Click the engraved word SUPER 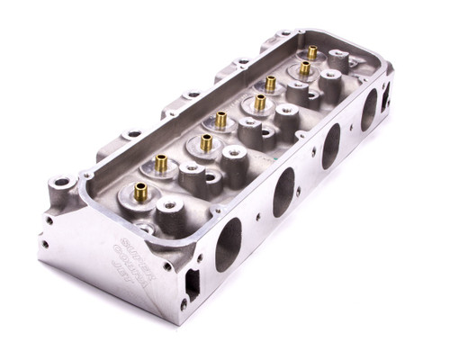[135, 246]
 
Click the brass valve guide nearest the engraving [139, 191]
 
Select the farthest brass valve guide [312, 53]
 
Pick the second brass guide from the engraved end [162, 163]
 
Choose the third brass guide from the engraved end [206, 141]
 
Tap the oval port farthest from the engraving [369, 109]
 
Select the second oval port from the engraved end [283, 191]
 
